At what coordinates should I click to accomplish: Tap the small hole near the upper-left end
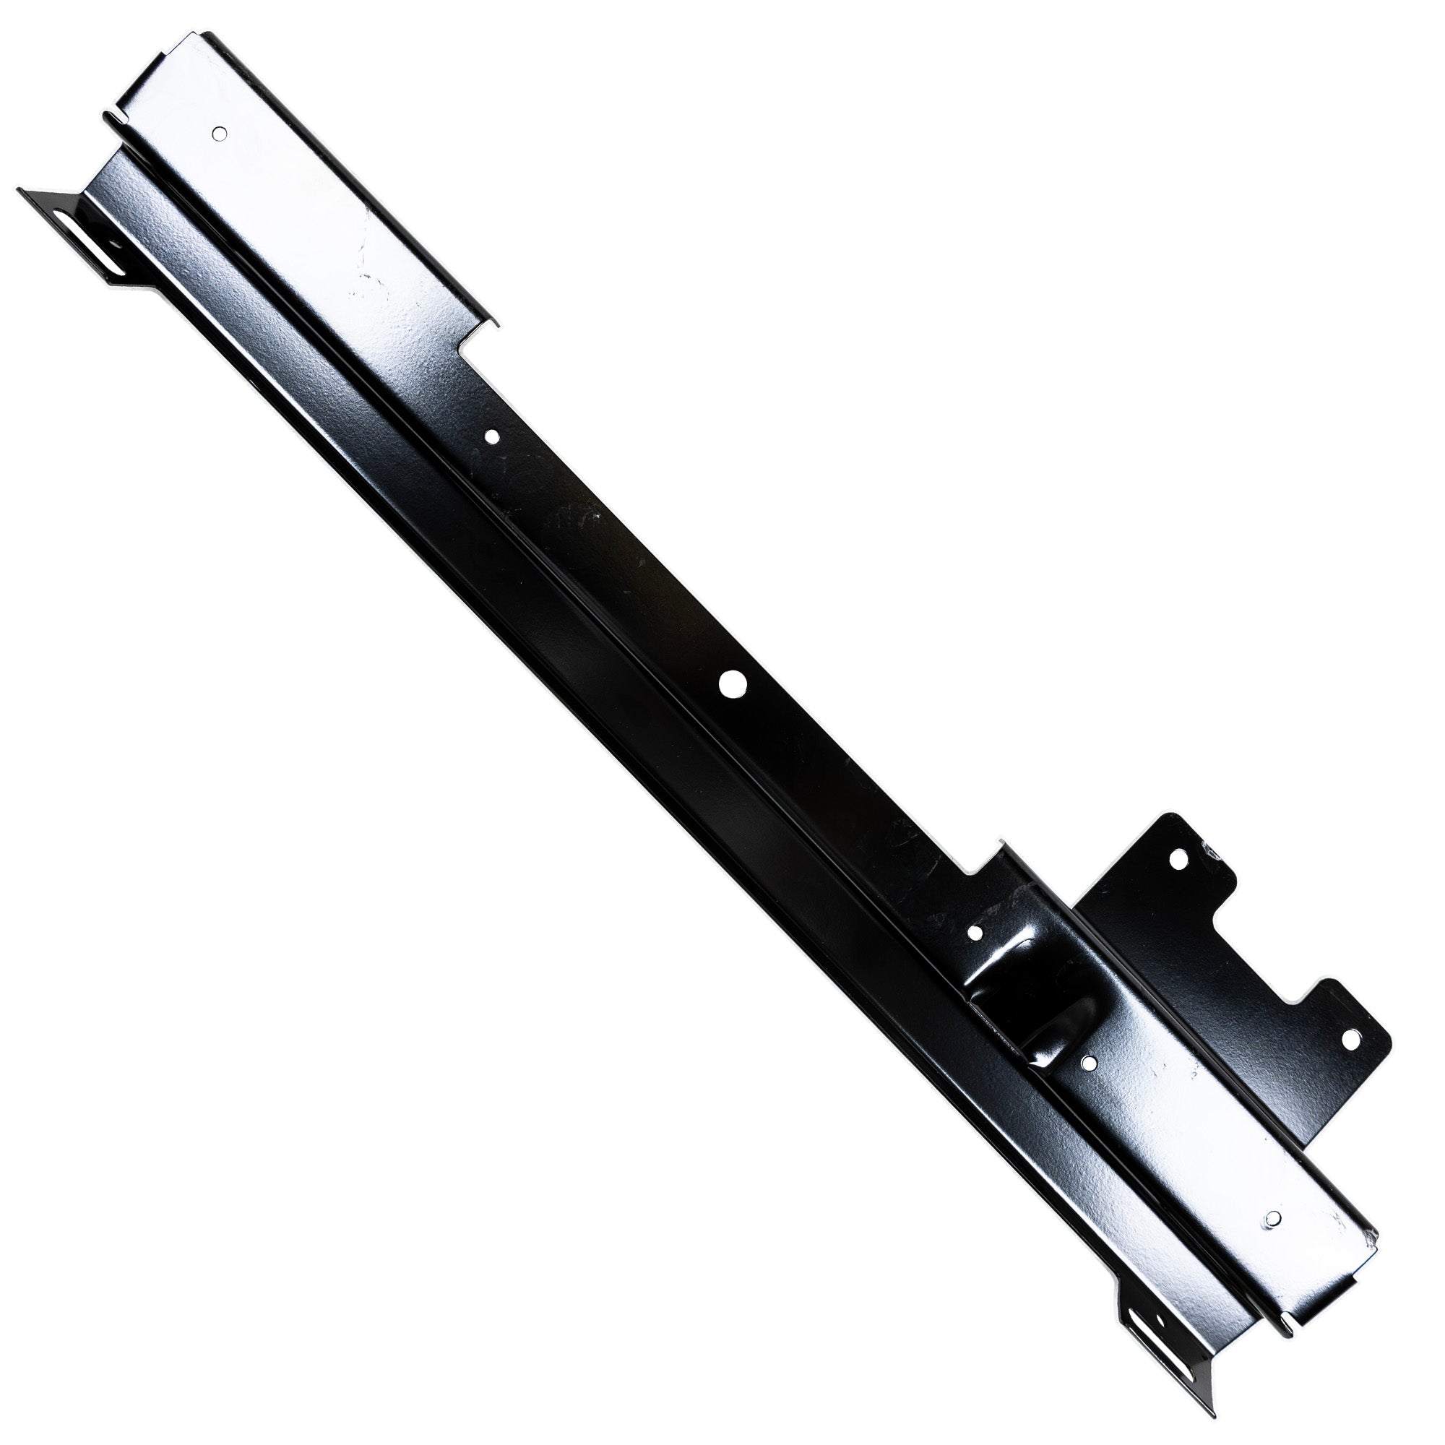point(218,133)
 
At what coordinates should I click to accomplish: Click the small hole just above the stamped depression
point(975,933)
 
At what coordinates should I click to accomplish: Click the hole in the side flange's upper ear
point(1181,860)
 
